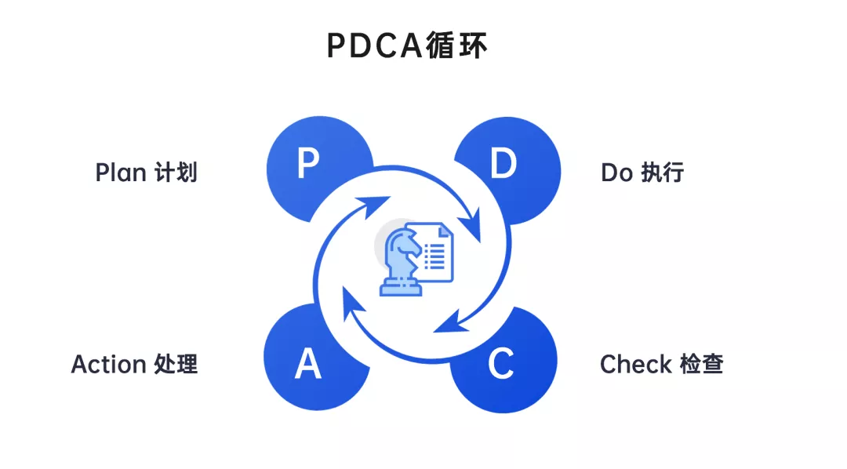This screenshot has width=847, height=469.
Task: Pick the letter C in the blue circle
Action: click(x=500, y=363)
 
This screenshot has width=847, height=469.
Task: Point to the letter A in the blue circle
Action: click(x=308, y=364)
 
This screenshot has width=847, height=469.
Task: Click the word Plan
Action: click(x=119, y=173)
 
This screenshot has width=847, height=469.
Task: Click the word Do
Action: click(x=616, y=173)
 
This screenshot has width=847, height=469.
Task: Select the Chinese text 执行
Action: click(x=663, y=173)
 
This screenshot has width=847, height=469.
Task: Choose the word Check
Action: click(x=635, y=364)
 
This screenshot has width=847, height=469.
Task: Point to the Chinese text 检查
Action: click(x=701, y=364)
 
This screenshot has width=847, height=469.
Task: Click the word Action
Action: click(x=109, y=364)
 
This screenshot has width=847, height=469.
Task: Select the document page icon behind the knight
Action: click(x=436, y=251)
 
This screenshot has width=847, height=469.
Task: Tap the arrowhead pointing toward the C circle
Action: click(x=447, y=322)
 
